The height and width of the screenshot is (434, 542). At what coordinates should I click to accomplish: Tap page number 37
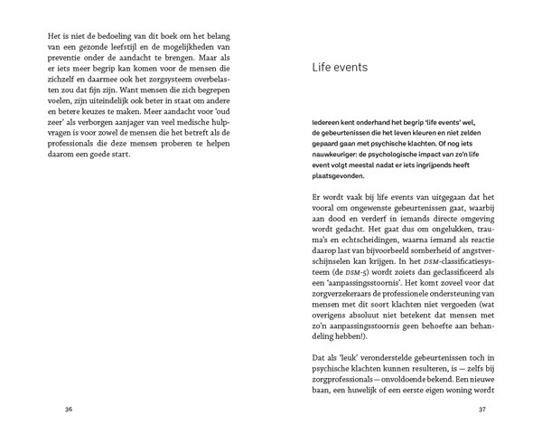tap(481, 409)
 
